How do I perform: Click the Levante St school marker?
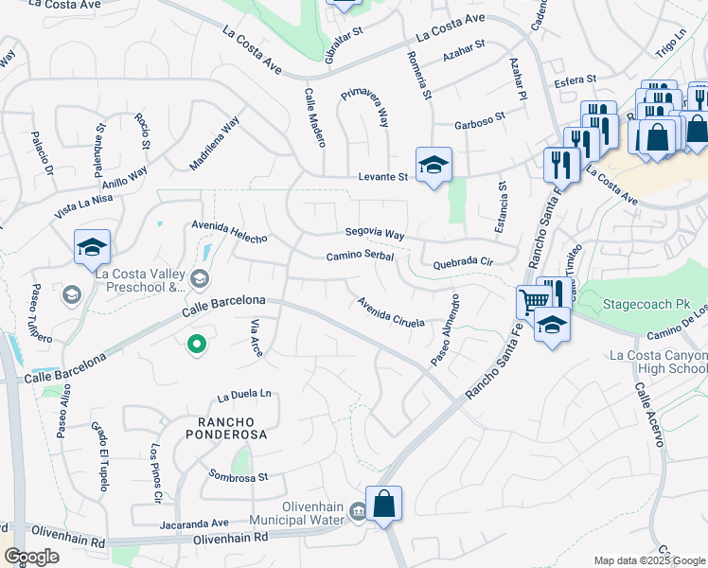434,166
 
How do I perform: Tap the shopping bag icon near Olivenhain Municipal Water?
384,504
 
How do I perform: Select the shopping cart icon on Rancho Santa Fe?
534,302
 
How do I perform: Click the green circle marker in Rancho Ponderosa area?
197,345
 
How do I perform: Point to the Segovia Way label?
375,234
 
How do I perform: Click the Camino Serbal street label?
360,257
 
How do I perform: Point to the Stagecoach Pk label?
641,307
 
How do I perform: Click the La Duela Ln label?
244,394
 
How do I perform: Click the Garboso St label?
480,124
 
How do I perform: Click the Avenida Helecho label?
229,233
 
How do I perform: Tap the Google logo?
31,558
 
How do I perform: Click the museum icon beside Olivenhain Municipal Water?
358,512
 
